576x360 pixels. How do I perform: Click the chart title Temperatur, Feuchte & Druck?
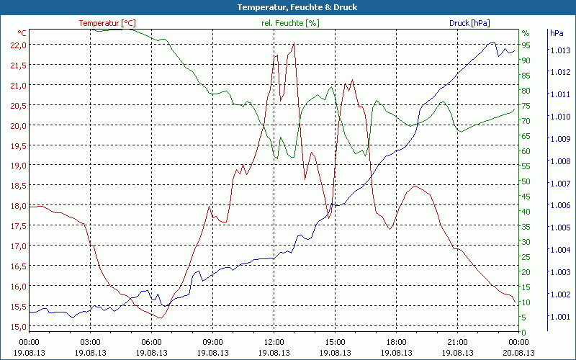click(287, 7)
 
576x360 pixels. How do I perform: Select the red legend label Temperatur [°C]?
click(107, 23)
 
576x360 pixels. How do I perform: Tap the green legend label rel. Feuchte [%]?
click(289, 23)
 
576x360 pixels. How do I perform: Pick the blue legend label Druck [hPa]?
click(469, 23)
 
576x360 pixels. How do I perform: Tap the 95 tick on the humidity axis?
click(526, 45)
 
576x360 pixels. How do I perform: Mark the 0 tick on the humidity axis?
click(524, 332)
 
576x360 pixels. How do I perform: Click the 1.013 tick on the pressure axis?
click(559, 50)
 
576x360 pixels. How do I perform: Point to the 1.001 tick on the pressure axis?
click(559, 317)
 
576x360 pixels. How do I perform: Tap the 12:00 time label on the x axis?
click(274, 342)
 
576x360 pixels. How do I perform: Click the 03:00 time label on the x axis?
click(90, 342)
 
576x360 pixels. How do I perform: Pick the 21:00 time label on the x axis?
click(458, 342)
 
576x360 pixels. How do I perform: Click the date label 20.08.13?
click(519, 353)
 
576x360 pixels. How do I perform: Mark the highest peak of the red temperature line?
click(294, 43)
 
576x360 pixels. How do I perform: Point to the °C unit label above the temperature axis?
click(22, 33)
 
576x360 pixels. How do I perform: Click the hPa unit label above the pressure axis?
click(557, 33)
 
